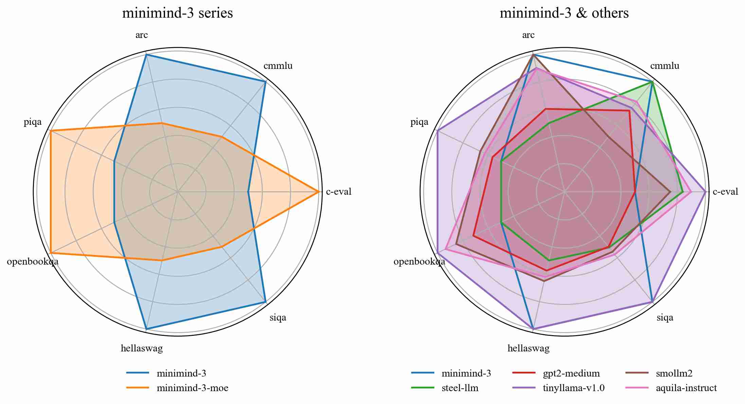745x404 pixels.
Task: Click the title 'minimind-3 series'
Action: coord(177,13)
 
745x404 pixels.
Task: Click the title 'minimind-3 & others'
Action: coord(564,13)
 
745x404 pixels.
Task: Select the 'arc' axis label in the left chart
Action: coord(142,35)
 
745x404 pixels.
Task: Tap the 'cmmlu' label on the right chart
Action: coord(665,66)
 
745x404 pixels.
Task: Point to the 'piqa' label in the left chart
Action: coord(33,122)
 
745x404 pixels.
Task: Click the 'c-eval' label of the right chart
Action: coord(725,192)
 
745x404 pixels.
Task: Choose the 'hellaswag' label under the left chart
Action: coord(142,348)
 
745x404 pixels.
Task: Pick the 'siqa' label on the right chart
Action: coord(665,318)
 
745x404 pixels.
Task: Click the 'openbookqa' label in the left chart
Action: coord(33,262)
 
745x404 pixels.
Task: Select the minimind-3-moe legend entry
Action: coord(192,388)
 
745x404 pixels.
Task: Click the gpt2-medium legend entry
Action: coord(571,373)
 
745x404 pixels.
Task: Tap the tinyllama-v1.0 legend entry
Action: coord(574,388)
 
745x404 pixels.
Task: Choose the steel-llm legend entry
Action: coord(460,388)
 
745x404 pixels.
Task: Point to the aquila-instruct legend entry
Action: coord(686,388)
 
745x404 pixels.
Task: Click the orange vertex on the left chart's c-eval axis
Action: coord(319,192)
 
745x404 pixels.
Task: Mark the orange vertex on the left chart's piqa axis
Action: coord(50,131)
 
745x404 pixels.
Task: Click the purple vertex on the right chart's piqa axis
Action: coord(437,131)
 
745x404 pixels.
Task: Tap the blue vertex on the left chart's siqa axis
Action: coord(266,302)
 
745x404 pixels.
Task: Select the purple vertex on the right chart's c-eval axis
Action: coord(706,192)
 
